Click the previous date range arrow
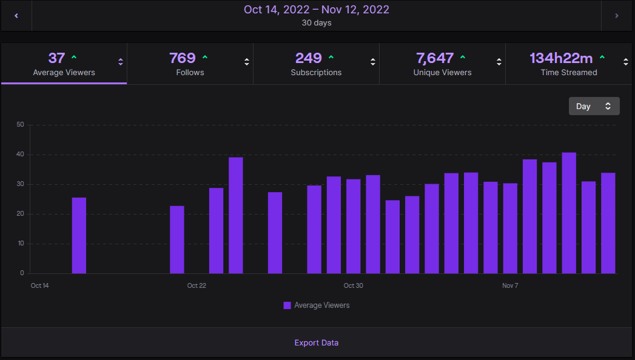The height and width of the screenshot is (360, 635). click(x=16, y=16)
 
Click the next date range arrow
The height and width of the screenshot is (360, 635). click(x=617, y=16)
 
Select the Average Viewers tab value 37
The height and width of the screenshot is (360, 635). click(x=56, y=58)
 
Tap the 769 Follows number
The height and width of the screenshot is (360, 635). click(x=182, y=58)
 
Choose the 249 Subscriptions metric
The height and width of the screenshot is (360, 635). click(x=308, y=58)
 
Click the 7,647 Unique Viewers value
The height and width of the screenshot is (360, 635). click(x=434, y=58)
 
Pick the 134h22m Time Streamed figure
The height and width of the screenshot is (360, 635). click(x=561, y=58)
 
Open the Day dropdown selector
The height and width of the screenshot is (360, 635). click(x=594, y=106)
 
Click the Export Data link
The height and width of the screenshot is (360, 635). click(x=316, y=342)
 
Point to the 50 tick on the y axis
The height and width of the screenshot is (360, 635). click(x=20, y=125)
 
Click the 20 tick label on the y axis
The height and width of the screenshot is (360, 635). click(x=20, y=213)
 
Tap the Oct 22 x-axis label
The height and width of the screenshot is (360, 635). click(x=197, y=285)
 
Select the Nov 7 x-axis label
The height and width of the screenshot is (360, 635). click(x=510, y=285)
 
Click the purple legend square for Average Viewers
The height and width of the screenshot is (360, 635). click(x=287, y=305)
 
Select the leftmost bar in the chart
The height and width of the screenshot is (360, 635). click(x=79, y=235)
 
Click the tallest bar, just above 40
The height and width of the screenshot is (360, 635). click(x=569, y=213)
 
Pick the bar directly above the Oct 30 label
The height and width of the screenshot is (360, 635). click(x=354, y=227)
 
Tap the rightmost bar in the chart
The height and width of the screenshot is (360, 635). click(x=608, y=223)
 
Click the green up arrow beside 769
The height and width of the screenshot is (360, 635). click(x=205, y=58)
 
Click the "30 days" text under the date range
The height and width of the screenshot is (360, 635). click(x=316, y=22)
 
